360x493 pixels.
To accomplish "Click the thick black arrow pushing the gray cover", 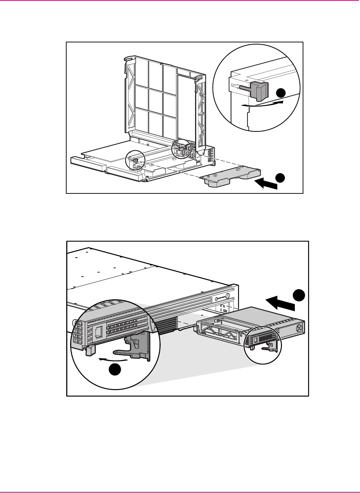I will click(x=267, y=184).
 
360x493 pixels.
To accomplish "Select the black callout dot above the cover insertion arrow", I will click(x=281, y=177).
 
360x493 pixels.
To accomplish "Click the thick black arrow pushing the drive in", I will click(x=281, y=304).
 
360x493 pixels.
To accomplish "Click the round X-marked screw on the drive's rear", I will click(x=299, y=327).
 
